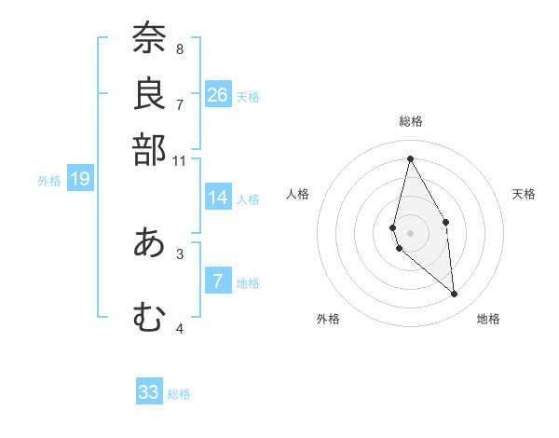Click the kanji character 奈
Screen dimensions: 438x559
click(149, 39)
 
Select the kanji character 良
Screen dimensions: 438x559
click(149, 93)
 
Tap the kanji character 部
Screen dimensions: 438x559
click(149, 149)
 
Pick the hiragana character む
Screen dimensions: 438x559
click(149, 318)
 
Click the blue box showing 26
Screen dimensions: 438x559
click(218, 95)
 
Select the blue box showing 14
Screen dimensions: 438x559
click(218, 198)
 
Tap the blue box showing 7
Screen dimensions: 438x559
click(218, 281)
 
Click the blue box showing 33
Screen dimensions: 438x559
click(149, 392)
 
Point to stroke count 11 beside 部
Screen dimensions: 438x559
click(181, 161)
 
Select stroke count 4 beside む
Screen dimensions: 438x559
click(180, 328)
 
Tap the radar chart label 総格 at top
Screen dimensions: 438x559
click(411, 121)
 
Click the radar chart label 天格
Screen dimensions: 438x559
click(524, 194)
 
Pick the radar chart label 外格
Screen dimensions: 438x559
click(328, 319)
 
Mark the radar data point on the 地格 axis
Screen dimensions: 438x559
click(455, 294)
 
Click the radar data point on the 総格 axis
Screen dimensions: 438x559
click(410, 157)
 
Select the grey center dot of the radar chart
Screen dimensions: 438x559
click(410, 232)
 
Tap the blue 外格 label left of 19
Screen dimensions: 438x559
click(49, 181)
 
